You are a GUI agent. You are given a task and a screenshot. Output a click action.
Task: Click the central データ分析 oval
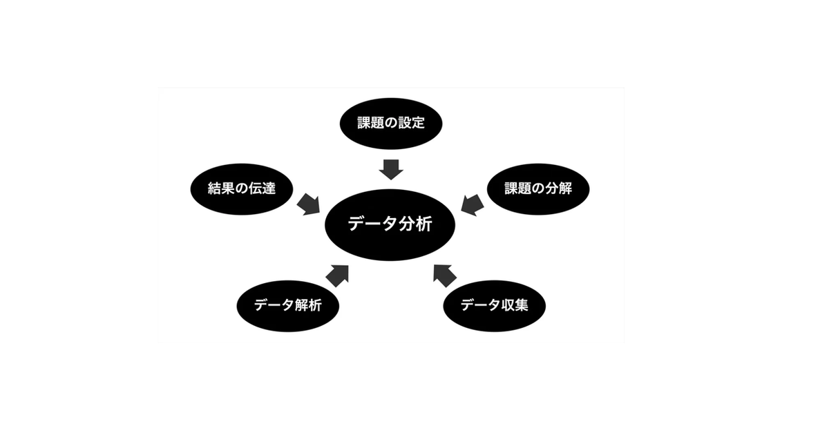[x=391, y=225]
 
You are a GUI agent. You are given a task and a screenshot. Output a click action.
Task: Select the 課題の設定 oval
[x=390, y=124]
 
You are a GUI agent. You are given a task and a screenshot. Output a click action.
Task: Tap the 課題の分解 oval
[x=539, y=188]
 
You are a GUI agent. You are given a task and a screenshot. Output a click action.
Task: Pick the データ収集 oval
[x=494, y=304]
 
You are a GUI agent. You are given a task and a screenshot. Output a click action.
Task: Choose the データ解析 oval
[x=287, y=305]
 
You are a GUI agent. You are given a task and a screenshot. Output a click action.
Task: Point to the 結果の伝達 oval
[x=242, y=188]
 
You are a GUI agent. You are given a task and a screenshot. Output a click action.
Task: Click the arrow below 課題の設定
[x=391, y=168]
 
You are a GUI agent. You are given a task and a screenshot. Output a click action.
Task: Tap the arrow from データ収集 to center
[x=445, y=274]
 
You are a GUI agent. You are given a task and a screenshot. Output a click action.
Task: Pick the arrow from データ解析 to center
[x=337, y=274]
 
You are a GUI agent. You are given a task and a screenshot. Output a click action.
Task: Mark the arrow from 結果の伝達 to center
[x=308, y=204]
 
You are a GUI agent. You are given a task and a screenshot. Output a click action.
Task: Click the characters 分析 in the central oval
[x=417, y=225]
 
